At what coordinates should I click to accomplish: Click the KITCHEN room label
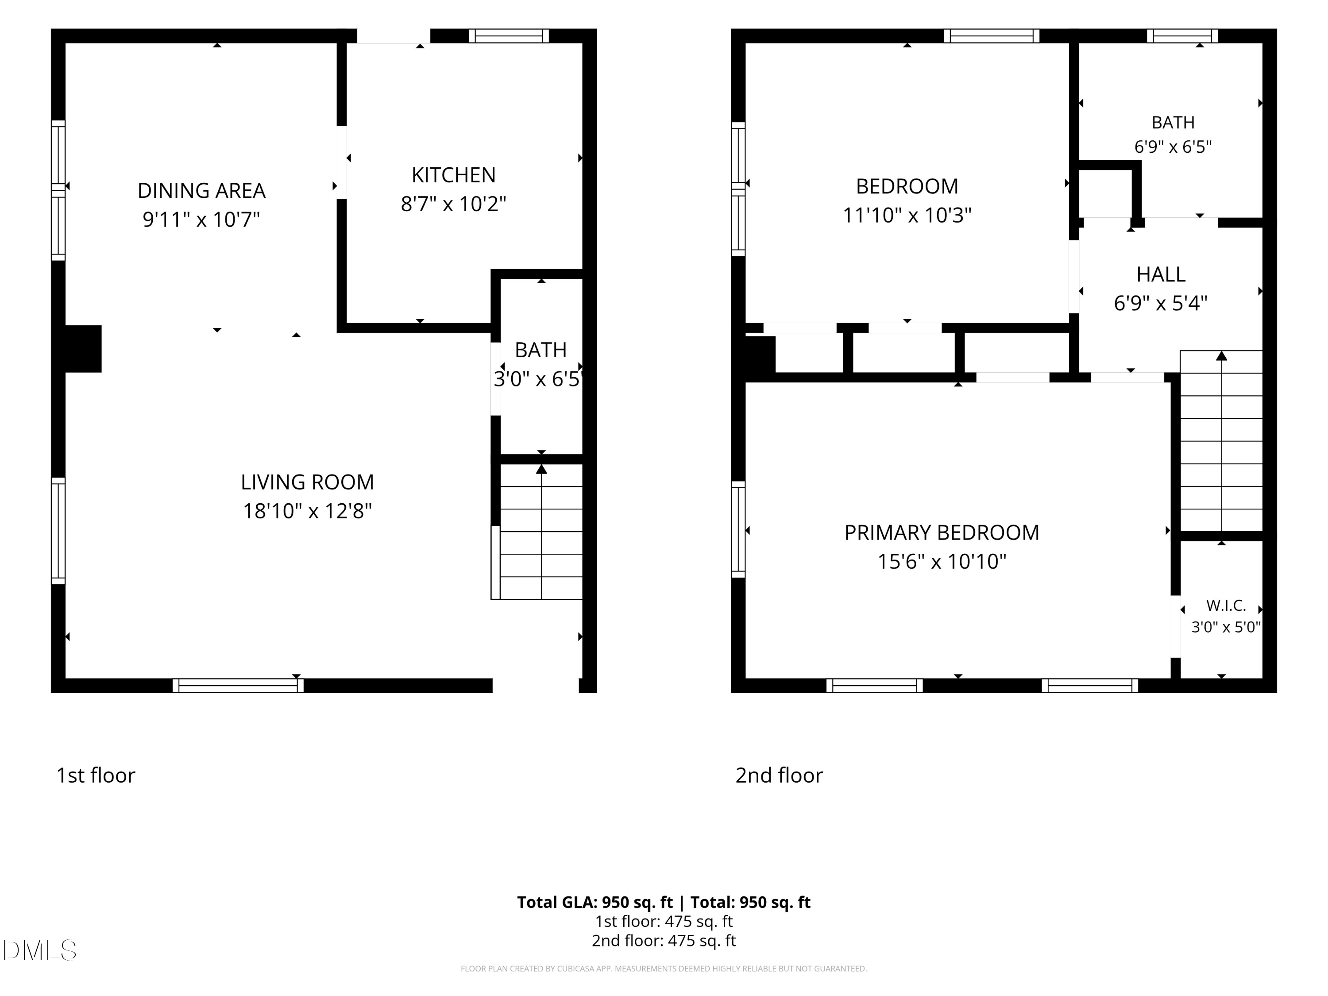(453, 175)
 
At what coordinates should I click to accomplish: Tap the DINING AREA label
(201, 191)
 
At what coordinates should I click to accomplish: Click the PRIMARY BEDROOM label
(942, 533)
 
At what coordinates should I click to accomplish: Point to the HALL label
(1161, 275)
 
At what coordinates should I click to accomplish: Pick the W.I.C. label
(1226, 606)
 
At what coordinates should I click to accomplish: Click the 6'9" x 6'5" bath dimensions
(1173, 147)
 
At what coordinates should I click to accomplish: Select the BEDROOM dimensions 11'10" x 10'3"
(907, 216)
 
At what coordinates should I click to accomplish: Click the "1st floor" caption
(96, 776)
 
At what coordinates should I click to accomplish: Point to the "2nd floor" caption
(779, 776)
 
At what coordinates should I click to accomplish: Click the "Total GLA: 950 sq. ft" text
(595, 902)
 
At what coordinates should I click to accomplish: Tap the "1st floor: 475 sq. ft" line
(664, 922)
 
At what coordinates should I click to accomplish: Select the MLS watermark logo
(40, 950)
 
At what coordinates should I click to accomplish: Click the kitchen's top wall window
(509, 36)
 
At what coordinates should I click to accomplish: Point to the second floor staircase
(1221, 441)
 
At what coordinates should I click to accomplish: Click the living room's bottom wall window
(238, 686)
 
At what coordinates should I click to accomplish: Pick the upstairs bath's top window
(1182, 36)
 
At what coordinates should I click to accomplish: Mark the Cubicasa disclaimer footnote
(664, 969)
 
